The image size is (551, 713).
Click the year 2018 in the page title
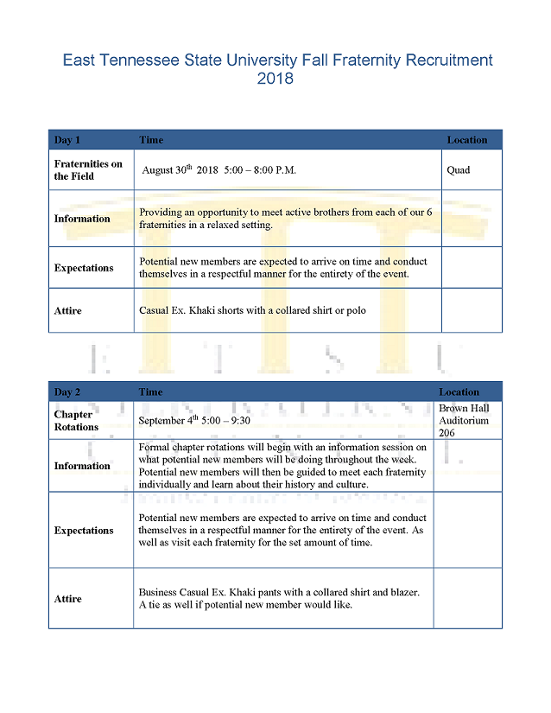click(275, 80)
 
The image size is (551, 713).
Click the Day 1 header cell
click(67, 140)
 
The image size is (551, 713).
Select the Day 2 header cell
click(67, 392)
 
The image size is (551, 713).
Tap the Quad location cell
click(459, 170)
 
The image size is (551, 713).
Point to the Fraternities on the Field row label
click(88, 170)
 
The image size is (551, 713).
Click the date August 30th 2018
click(180, 170)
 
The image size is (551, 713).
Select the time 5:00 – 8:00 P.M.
click(260, 170)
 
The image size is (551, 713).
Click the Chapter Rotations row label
click(76, 421)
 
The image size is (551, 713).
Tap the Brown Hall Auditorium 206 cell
click(464, 421)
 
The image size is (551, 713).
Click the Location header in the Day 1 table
click(467, 140)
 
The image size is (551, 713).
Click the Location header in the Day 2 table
click(459, 392)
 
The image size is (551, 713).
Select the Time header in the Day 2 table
click(151, 392)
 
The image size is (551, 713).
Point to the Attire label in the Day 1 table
click(68, 310)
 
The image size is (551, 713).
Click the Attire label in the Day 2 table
click(68, 599)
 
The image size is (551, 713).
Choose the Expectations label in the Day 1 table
click(84, 268)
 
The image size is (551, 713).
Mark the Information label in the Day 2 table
click(82, 466)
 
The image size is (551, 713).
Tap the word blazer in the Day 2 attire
click(402, 593)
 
